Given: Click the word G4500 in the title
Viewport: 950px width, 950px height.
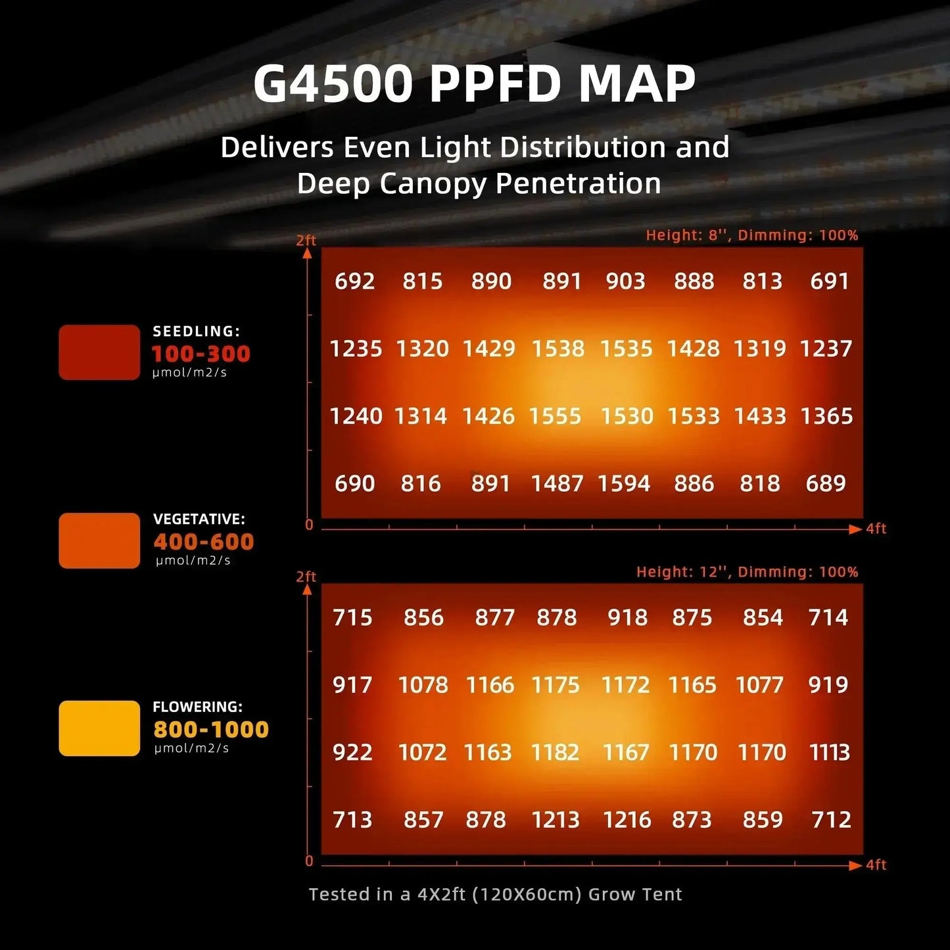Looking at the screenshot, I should (333, 83).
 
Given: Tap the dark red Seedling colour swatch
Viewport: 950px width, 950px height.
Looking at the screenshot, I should (99, 352).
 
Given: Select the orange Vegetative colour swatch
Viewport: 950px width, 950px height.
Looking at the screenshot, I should (99, 540).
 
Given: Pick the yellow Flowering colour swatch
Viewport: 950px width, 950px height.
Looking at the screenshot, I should (99, 728).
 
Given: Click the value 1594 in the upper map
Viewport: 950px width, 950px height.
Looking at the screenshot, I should (623, 484).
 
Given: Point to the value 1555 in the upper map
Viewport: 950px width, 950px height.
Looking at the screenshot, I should (555, 416).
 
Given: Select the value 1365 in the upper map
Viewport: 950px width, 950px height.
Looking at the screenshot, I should (826, 416).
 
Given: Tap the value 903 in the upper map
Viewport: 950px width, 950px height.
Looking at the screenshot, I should (625, 281).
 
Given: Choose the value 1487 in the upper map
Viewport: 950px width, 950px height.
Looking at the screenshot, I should (557, 484).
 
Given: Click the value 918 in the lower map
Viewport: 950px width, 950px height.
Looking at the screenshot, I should (627, 617).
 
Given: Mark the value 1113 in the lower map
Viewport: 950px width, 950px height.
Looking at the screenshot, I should (830, 752).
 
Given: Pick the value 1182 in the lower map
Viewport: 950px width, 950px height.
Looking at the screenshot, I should (555, 752).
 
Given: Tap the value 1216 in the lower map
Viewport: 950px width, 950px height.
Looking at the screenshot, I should (627, 820).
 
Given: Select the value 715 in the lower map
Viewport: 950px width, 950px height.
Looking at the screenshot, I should (352, 617).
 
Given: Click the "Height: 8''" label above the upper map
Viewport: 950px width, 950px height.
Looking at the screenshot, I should (688, 235).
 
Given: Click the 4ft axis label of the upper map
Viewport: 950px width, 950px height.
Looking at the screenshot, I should (876, 529).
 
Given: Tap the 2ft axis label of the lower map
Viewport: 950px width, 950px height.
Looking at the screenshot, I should (306, 577).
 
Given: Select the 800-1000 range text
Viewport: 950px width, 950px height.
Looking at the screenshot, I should (211, 729).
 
